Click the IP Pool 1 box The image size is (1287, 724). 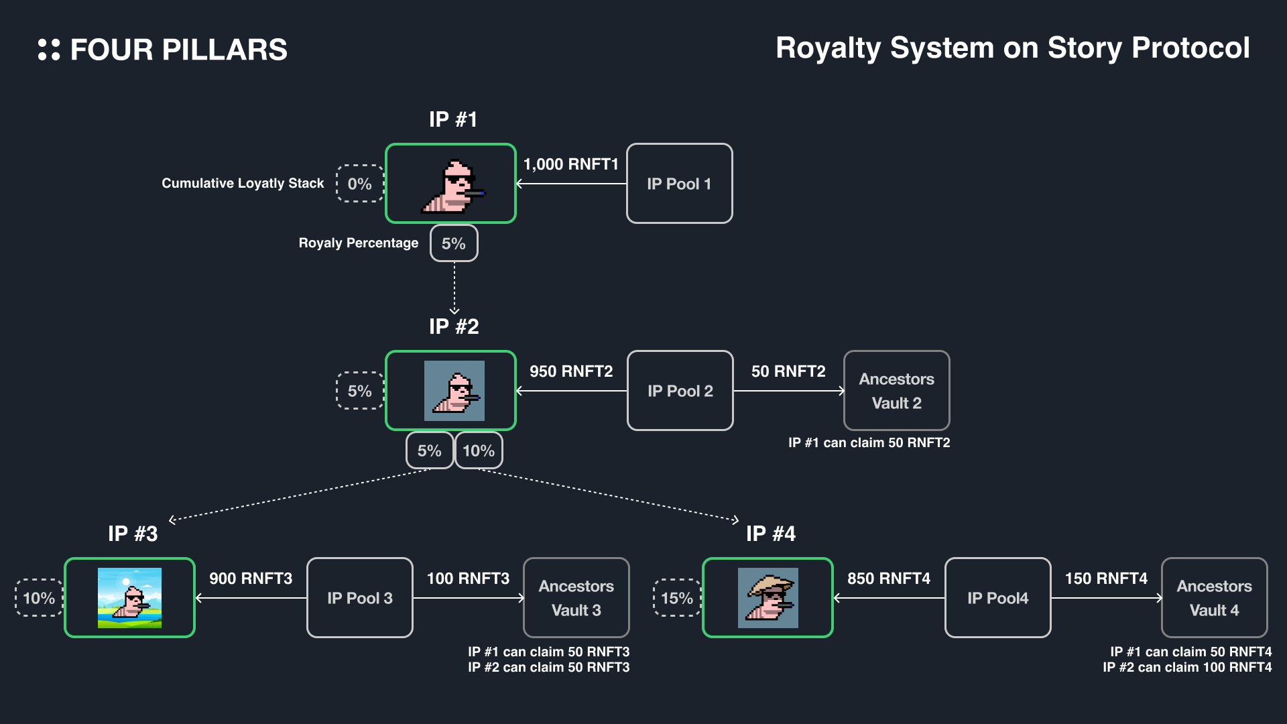pyautogui.click(x=679, y=183)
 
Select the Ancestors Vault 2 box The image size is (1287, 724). pyautogui.click(x=896, y=390)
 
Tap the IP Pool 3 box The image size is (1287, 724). pyautogui.click(x=359, y=597)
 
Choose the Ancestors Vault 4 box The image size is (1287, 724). pyautogui.click(x=1214, y=597)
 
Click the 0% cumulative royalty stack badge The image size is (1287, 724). pyautogui.click(x=359, y=183)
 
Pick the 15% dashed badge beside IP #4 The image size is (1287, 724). pyautogui.click(x=676, y=597)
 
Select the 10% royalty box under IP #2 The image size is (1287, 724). pyautogui.click(x=479, y=450)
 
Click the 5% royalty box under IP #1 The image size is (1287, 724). pyautogui.click(x=454, y=243)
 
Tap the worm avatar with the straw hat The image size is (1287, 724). pyautogui.click(x=768, y=597)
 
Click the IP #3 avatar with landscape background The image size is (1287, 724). pyautogui.click(x=129, y=597)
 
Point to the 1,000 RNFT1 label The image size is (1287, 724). pyautogui.click(x=570, y=164)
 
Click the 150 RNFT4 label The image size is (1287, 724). pyautogui.click(x=1106, y=578)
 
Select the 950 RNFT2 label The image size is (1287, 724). pyautogui.click(x=571, y=371)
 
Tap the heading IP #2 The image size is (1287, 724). pyautogui.click(x=454, y=326)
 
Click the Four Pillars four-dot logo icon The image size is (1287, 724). pyautogui.click(x=49, y=50)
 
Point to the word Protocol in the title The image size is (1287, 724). pyautogui.click(x=1190, y=48)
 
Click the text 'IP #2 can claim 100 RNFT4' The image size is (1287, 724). pyautogui.click(x=1187, y=667)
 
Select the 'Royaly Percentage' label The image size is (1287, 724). pyautogui.click(x=358, y=243)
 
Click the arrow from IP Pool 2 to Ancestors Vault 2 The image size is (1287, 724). pyautogui.click(x=788, y=391)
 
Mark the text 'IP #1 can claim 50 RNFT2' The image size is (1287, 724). pyautogui.click(x=869, y=442)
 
